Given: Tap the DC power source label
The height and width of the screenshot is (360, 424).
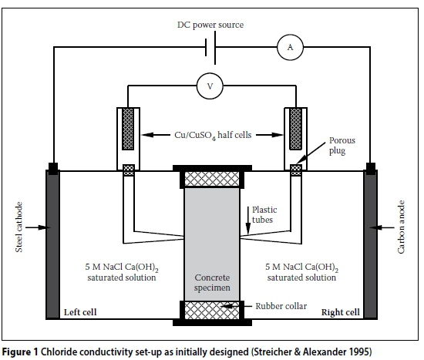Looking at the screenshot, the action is pyautogui.click(x=210, y=25).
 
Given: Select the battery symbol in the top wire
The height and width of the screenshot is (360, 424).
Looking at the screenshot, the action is pyautogui.click(x=210, y=48).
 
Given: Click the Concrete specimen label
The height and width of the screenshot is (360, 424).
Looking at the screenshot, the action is pyautogui.click(x=212, y=283).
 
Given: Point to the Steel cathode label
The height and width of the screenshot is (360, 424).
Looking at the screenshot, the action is pyautogui.click(x=19, y=227).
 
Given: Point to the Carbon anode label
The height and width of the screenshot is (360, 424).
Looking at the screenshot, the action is pyautogui.click(x=402, y=227).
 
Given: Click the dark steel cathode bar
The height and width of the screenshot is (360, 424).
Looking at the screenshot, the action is pyautogui.click(x=52, y=244).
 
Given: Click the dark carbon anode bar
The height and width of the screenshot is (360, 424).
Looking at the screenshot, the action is pyautogui.click(x=370, y=244).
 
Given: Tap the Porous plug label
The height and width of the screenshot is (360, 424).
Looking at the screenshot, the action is pyautogui.click(x=342, y=146).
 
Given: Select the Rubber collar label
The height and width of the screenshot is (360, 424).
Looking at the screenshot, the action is pyautogui.click(x=281, y=306).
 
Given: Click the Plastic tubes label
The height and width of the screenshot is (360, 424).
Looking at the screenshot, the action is pyautogui.click(x=264, y=214).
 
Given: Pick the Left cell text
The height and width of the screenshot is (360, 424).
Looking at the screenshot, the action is pyautogui.click(x=80, y=312).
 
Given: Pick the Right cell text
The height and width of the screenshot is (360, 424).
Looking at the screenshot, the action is pyautogui.click(x=341, y=312).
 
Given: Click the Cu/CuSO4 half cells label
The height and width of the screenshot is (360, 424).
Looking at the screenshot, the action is pyautogui.click(x=213, y=135).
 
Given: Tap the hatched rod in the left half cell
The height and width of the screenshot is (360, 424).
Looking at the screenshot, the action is pyautogui.click(x=128, y=129).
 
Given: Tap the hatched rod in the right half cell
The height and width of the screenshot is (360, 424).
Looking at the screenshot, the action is pyautogui.click(x=295, y=129).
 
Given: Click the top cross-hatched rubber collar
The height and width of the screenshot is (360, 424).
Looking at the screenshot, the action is pyautogui.click(x=212, y=179).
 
